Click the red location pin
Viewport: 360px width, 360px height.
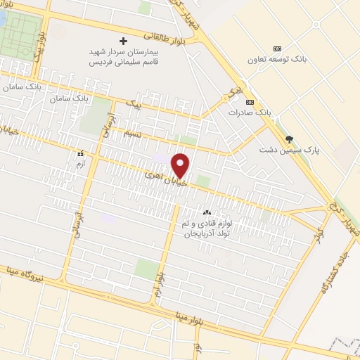(182, 165)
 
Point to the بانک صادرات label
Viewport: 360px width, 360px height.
(250, 112)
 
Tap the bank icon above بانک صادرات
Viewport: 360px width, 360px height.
(250, 101)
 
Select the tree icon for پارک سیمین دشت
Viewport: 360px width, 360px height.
(289, 139)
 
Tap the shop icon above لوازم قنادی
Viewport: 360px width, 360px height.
(207, 212)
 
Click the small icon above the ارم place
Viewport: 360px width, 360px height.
(81, 152)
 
